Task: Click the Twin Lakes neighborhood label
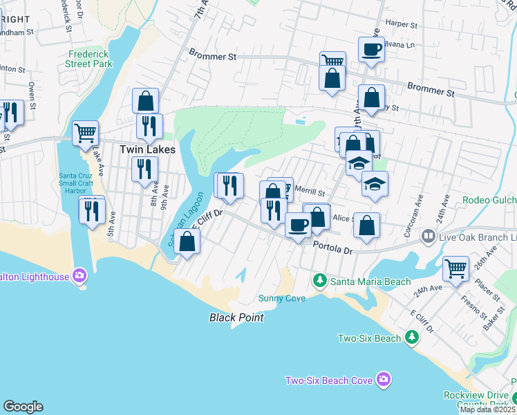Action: tap(147, 149)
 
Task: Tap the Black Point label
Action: tap(237, 317)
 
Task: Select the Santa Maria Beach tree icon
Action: tap(319, 281)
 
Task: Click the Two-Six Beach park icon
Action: tap(411, 337)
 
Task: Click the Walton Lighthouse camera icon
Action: tap(79, 276)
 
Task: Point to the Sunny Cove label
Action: tap(281, 298)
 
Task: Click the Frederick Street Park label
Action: tap(90, 59)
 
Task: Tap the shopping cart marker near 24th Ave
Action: tap(455, 268)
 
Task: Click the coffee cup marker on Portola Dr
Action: tap(299, 225)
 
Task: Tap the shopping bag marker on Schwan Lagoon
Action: tap(187, 241)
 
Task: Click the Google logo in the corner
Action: tap(23, 407)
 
